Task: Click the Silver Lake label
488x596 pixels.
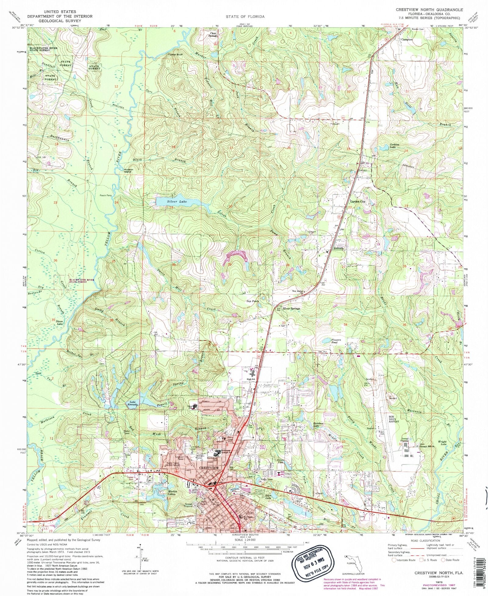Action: pyautogui.click(x=177, y=201)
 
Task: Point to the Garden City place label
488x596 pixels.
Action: pyautogui.click(x=357, y=202)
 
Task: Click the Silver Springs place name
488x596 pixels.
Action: pyautogui.click(x=291, y=309)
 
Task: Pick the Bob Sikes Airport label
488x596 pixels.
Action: pyautogui.click(x=393, y=419)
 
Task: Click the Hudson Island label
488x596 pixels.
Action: pyautogui.click(x=127, y=171)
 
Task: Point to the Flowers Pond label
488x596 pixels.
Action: pyautogui.click(x=331, y=341)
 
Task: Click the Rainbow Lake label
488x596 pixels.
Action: pyautogui.click(x=318, y=424)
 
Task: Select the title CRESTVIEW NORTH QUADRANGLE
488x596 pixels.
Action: pyautogui.click(x=429, y=10)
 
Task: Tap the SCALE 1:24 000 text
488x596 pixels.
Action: pyautogui.click(x=245, y=540)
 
